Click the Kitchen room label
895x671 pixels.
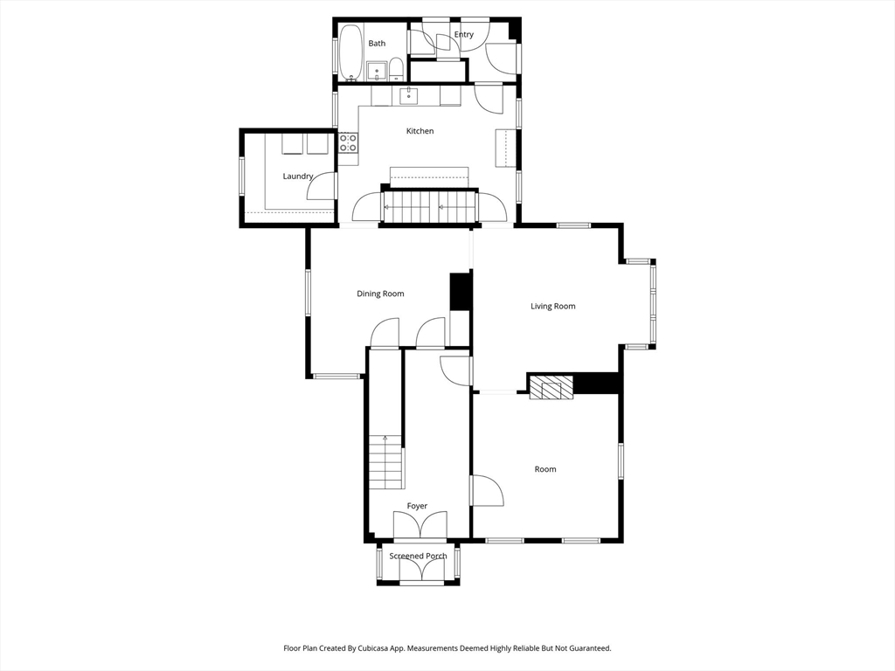[420, 131]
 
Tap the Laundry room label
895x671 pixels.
[297, 176]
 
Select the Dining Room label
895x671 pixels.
[380, 294]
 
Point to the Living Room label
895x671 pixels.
[553, 306]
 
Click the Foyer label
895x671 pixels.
[417, 506]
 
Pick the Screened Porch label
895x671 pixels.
[418, 557]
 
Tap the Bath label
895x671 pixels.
[377, 44]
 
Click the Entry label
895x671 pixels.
[463, 35]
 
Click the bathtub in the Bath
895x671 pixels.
[350, 52]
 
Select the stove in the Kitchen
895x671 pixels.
[348, 142]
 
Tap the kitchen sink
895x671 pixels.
[409, 94]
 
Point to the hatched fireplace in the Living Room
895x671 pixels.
[551, 387]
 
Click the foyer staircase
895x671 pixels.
[385, 463]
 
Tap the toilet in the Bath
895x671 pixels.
[396, 68]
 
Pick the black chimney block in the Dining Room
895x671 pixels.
[460, 292]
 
